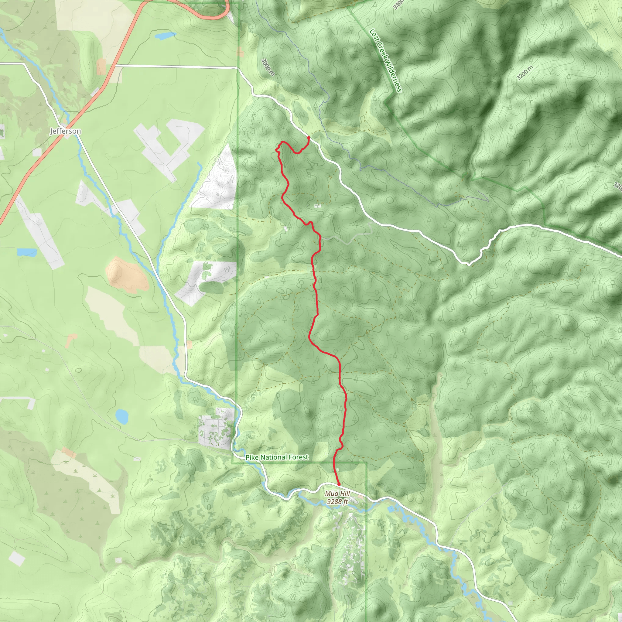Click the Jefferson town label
(x=65, y=131)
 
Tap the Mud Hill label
(x=337, y=494)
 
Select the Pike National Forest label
(x=277, y=457)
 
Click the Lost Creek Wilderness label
(x=385, y=60)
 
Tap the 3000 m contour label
(x=268, y=67)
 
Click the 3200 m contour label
(x=525, y=73)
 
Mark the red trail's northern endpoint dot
(x=309, y=138)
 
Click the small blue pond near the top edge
(x=166, y=35)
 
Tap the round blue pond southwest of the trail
(x=122, y=417)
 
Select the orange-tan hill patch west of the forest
(x=127, y=275)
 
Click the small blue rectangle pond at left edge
(x=27, y=252)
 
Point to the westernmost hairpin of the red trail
(x=276, y=149)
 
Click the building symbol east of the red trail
(x=317, y=206)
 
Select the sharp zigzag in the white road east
(x=483, y=251)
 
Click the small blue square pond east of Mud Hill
(x=391, y=509)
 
